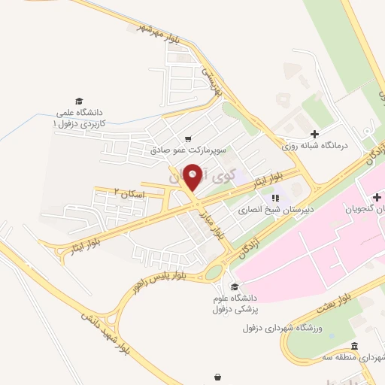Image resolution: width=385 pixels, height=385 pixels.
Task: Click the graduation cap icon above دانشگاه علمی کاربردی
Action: tap(78, 100)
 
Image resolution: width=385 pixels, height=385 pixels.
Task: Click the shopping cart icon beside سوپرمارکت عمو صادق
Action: tap(187, 138)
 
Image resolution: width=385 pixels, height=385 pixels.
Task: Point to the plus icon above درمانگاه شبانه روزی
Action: tap(314, 133)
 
